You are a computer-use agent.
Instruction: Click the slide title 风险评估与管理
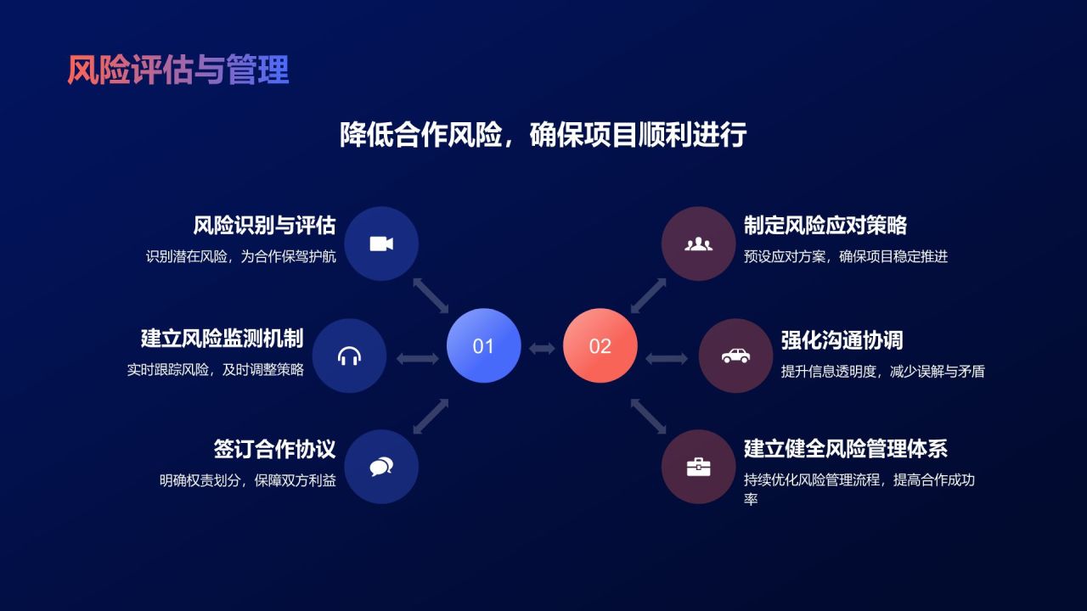pyautogui.click(x=178, y=70)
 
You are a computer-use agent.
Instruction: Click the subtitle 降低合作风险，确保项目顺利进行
pyautogui.click(x=543, y=135)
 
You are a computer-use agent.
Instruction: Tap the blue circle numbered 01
pyautogui.click(x=483, y=345)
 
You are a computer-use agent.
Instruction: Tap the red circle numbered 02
pyautogui.click(x=600, y=345)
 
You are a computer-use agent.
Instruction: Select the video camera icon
pyautogui.click(x=381, y=244)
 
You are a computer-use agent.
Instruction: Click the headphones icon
pyautogui.click(x=349, y=356)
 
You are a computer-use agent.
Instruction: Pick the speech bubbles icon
pyautogui.click(x=381, y=467)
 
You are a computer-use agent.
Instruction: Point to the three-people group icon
pyautogui.click(x=698, y=244)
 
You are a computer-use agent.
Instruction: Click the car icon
pyautogui.click(x=735, y=356)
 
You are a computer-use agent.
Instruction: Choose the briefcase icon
pyautogui.click(x=698, y=467)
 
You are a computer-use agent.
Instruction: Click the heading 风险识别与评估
pyautogui.click(x=264, y=226)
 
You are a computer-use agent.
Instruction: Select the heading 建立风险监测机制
pyautogui.click(x=222, y=338)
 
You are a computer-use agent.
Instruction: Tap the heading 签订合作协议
pyautogui.click(x=274, y=449)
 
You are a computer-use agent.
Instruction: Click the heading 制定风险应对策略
pyautogui.click(x=825, y=226)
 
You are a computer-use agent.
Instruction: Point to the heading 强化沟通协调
pyautogui.click(x=842, y=340)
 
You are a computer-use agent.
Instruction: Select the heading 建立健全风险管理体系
pyautogui.click(x=846, y=449)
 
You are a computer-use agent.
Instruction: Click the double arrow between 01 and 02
pyautogui.click(x=542, y=348)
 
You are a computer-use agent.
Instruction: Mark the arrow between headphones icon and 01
pyautogui.click(x=417, y=358)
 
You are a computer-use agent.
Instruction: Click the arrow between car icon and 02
pyautogui.click(x=667, y=358)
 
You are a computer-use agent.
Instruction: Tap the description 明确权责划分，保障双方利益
pyautogui.click(x=248, y=481)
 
